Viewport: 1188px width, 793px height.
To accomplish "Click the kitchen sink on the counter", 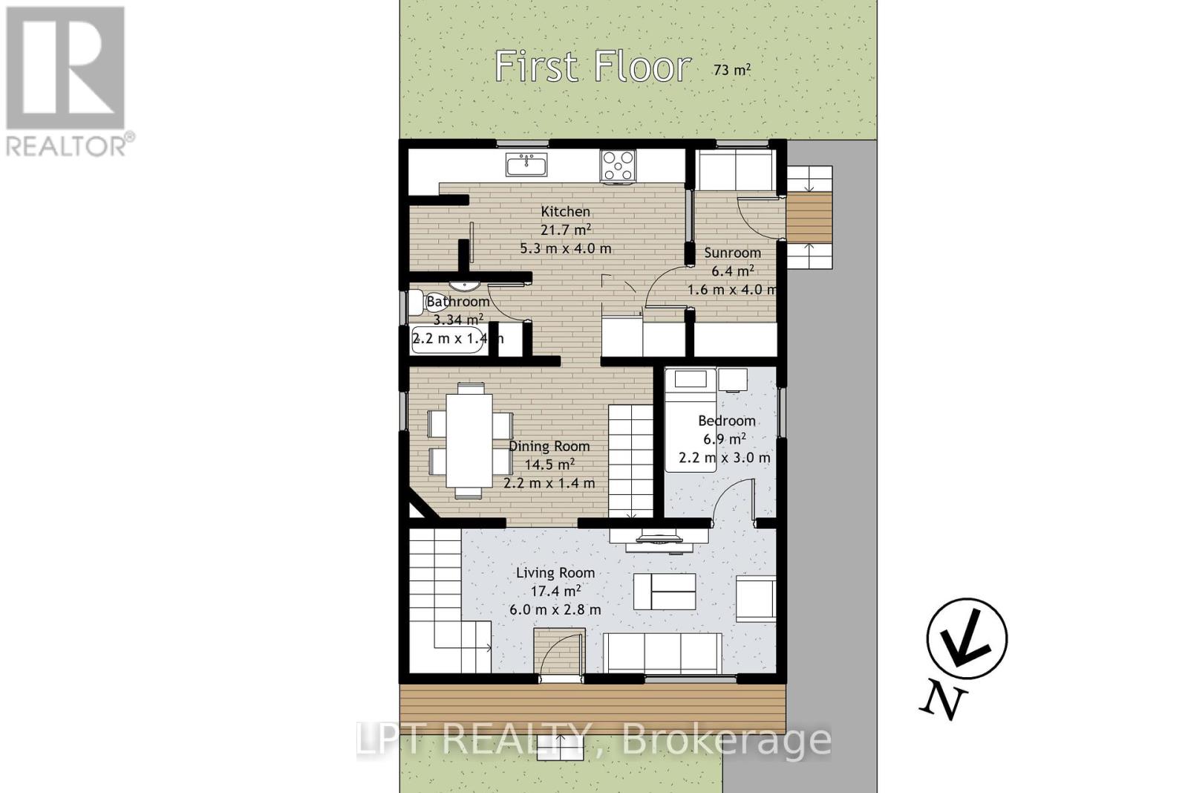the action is coord(526,164).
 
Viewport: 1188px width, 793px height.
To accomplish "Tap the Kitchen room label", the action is coord(565,211).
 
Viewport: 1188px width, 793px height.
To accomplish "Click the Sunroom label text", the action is coord(732,253).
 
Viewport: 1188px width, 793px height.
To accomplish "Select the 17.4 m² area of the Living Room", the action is coord(555,591).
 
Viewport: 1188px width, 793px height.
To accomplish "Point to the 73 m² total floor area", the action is coord(732,70).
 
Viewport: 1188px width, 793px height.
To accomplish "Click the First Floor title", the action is coord(593,66).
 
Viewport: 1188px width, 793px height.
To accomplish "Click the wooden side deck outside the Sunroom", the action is coord(809,218).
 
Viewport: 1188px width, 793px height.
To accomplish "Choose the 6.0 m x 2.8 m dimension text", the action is coord(555,609).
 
